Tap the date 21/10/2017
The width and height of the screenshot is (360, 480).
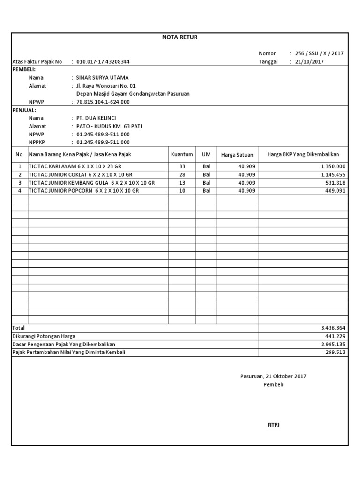click(309, 61)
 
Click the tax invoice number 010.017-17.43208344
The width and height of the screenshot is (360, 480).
click(103, 61)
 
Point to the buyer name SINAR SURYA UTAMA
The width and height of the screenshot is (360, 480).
click(102, 78)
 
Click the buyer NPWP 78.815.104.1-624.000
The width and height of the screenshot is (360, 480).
click(103, 102)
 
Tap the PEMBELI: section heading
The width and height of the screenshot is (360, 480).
click(23, 69)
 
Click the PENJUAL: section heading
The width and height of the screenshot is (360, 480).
click(24, 110)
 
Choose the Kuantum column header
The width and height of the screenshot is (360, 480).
click(182, 154)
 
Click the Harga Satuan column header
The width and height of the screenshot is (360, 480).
click(237, 155)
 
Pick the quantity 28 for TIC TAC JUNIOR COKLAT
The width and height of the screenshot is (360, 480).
click(182, 174)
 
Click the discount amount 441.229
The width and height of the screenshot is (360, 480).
click(335, 336)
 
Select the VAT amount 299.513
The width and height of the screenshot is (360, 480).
click(335, 352)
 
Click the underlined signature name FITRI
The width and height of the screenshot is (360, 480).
click(273, 425)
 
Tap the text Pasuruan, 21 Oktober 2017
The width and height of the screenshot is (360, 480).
click(273, 376)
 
